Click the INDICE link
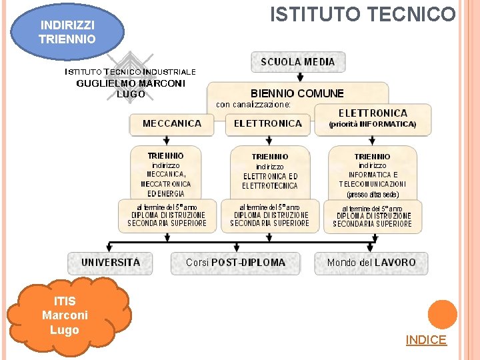point(426,340)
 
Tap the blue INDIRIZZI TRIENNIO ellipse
point(67,32)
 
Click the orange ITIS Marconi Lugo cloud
point(65,316)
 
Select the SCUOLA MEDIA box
point(298,62)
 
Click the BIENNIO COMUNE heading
point(297,93)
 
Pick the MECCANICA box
point(172,123)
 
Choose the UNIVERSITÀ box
point(111,263)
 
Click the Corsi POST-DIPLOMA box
point(235,263)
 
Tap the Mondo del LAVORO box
point(371,263)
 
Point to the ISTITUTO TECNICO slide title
point(363,15)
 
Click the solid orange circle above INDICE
point(442,314)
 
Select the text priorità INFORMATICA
point(373,124)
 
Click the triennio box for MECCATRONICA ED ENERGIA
point(166,171)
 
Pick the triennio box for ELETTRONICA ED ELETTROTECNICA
point(270,172)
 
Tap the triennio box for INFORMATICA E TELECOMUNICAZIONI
point(373,172)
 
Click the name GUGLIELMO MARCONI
point(131,83)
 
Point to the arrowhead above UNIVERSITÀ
point(110,245)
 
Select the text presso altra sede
point(373,195)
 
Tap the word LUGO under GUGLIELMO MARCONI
point(131,94)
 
